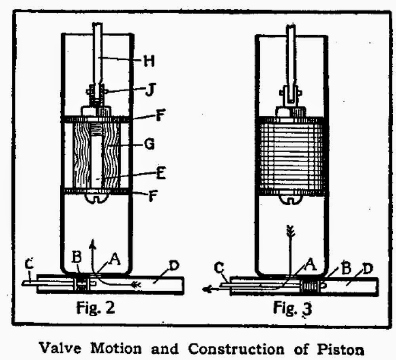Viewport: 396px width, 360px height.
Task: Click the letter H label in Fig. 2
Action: (x=148, y=62)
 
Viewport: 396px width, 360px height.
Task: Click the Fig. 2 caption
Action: (x=96, y=307)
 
